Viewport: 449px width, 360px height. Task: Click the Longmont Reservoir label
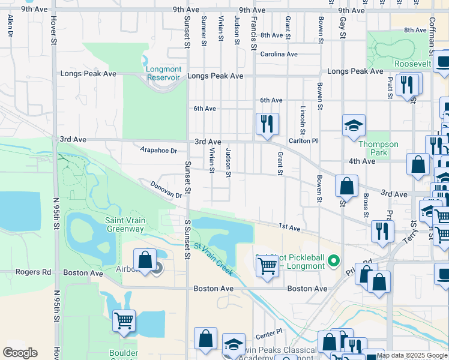click(163, 73)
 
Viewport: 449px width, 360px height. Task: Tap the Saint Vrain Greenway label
click(125, 224)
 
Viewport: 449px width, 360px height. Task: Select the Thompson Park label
click(378, 148)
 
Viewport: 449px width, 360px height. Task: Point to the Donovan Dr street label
click(166, 190)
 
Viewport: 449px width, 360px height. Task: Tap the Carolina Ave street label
click(279, 54)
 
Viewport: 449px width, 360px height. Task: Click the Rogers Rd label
click(38, 272)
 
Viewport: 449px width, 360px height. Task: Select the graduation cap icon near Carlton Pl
click(354, 125)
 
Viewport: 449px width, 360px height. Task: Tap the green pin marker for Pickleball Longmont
click(336, 260)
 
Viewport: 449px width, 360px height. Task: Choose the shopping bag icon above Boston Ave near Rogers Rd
click(145, 259)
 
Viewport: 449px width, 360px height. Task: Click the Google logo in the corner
click(20, 353)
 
